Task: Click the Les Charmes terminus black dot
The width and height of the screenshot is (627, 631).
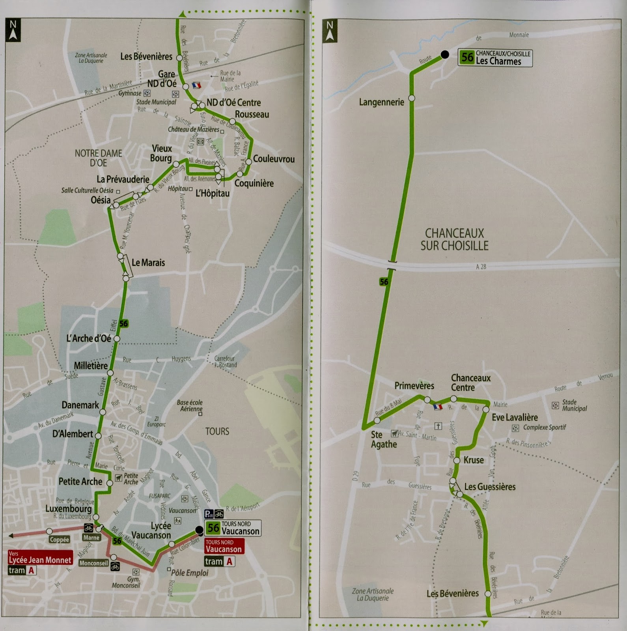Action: point(444,55)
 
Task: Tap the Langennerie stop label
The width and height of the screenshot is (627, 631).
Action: point(381,103)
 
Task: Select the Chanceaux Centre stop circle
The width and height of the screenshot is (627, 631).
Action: point(453,399)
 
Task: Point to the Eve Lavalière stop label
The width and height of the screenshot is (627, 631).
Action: point(515,417)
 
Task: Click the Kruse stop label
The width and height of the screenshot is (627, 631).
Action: point(473,460)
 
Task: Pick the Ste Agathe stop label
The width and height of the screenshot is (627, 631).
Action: point(383,439)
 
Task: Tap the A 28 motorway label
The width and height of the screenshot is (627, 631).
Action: point(481,267)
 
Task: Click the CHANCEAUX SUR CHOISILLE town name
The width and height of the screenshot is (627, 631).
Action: point(454,239)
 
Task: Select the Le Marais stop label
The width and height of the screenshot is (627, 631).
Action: point(148,263)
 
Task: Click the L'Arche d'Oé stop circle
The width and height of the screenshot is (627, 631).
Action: point(117,339)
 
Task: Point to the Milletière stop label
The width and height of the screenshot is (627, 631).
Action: point(91,366)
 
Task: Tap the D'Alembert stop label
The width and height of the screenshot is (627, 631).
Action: point(73,434)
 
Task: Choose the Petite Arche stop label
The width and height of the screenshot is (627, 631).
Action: point(80,482)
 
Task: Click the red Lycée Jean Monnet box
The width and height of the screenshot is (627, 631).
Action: point(40,558)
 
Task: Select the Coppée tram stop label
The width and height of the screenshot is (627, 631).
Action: point(59,540)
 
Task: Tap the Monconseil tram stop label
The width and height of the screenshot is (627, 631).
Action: point(93,563)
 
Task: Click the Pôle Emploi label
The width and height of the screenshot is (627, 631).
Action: point(190,573)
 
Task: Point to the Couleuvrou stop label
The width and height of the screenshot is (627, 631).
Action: point(274,159)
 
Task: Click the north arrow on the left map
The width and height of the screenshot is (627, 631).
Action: point(13,30)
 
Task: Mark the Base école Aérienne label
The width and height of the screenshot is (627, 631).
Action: point(190,405)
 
